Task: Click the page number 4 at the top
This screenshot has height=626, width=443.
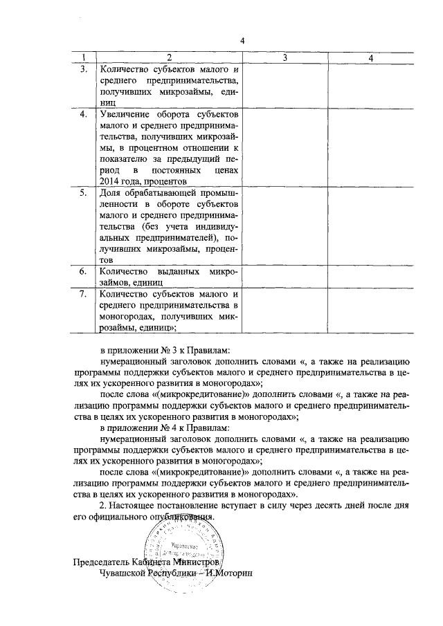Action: click(x=243, y=39)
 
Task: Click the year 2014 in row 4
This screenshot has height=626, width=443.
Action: click(x=111, y=181)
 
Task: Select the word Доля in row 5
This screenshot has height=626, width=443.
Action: click(x=111, y=193)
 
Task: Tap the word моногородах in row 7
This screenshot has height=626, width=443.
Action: click(x=129, y=317)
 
